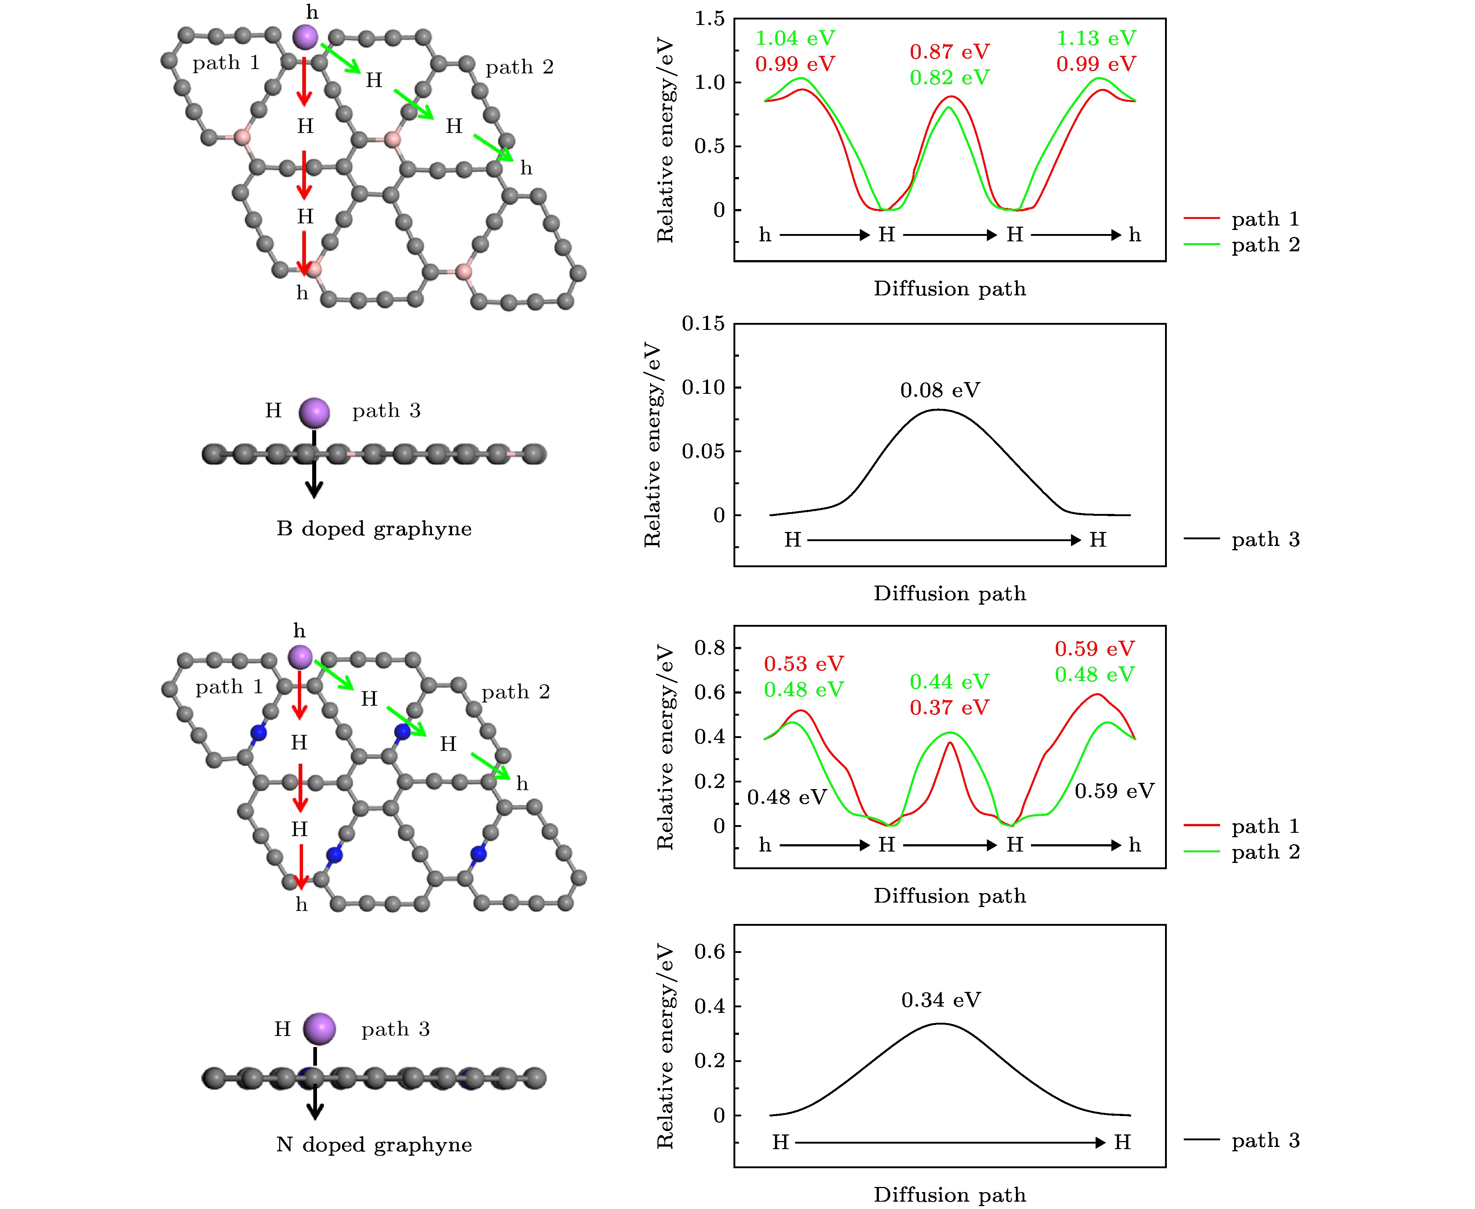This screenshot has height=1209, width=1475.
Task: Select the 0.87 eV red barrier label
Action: point(949,51)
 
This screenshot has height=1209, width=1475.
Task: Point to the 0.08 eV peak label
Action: point(940,390)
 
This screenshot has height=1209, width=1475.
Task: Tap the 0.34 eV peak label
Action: point(941,1000)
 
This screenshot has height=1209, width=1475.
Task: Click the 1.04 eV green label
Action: point(795,38)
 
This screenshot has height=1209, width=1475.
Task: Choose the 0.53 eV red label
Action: point(804,664)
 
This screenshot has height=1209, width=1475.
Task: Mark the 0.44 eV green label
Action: point(949,682)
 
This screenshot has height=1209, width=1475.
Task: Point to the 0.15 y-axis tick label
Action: point(703,324)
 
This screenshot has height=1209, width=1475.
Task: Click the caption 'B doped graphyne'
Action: point(374,529)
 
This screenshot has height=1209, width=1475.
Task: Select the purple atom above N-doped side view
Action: point(320,1029)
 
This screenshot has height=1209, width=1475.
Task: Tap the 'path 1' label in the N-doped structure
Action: point(229,687)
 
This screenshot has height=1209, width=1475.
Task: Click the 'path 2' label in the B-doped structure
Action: point(519,67)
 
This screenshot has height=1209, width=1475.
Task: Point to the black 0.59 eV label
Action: point(1114,791)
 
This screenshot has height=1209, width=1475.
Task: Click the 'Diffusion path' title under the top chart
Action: point(949,288)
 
